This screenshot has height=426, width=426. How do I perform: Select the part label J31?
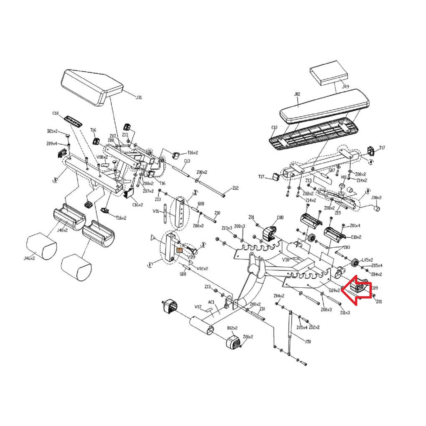point(138,97)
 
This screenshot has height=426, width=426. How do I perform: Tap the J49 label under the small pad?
point(345,86)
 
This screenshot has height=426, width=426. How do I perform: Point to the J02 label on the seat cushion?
point(297,94)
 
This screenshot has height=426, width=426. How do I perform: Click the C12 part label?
point(274,128)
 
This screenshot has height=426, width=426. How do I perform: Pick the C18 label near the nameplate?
point(55,113)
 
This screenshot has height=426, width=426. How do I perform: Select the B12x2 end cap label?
point(232,328)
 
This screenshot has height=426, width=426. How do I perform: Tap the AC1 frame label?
point(211,302)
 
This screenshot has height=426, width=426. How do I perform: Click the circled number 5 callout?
point(55,179)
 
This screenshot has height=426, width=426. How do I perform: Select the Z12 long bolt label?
point(235,188)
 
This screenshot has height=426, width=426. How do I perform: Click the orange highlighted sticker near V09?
point(179,250)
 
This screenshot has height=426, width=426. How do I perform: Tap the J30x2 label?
point(377,198)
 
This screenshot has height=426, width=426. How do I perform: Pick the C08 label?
point(280,218)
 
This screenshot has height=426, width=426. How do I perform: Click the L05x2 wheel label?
point(367,260)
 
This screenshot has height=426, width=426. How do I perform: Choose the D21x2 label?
point(52,131)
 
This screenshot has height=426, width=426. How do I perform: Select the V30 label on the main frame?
point(285,260)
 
